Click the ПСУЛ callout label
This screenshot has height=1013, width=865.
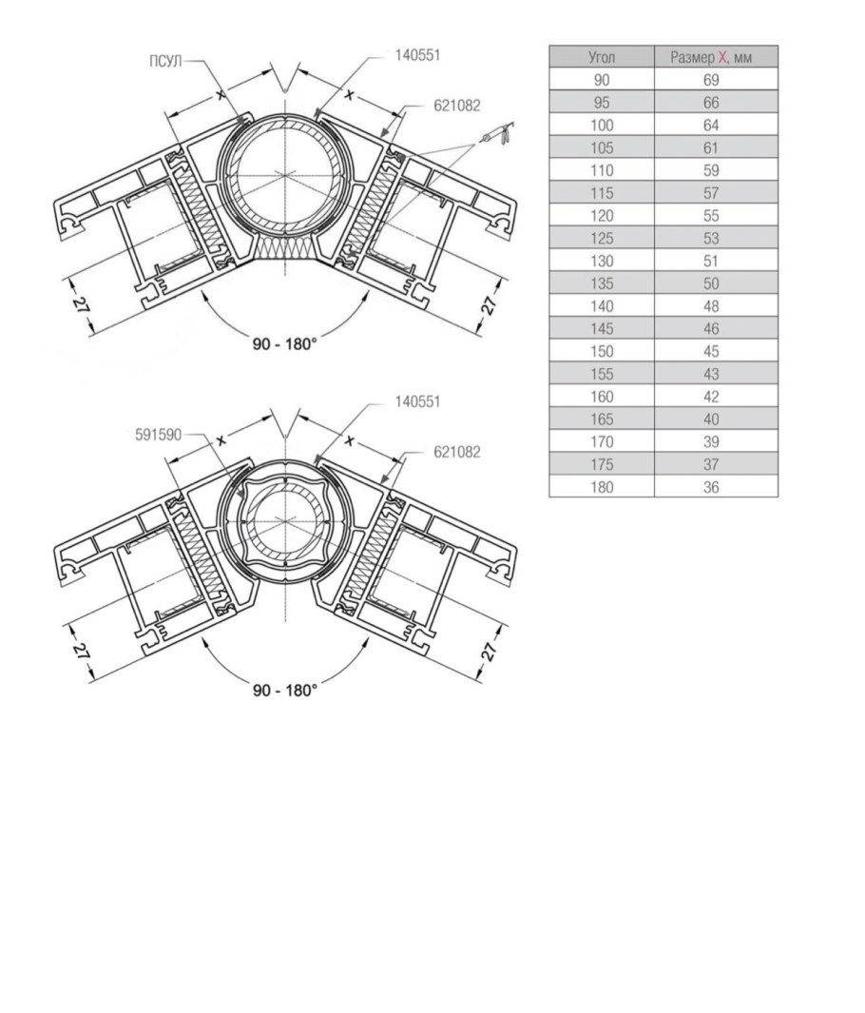click(165, 62)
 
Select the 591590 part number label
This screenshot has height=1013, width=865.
click(158, 435)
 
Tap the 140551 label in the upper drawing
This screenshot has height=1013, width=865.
click(417, 55)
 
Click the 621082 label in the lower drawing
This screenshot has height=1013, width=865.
click(457, 452)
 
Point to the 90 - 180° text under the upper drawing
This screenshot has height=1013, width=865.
click(285, 343)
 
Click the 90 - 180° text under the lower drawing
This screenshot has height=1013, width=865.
click(285, 690)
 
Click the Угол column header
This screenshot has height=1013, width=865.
click(602, 57)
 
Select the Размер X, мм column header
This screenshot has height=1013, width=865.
click(711, 57)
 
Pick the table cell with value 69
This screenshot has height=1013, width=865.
click(711, 80)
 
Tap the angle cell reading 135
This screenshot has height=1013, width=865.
click(602, 283)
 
